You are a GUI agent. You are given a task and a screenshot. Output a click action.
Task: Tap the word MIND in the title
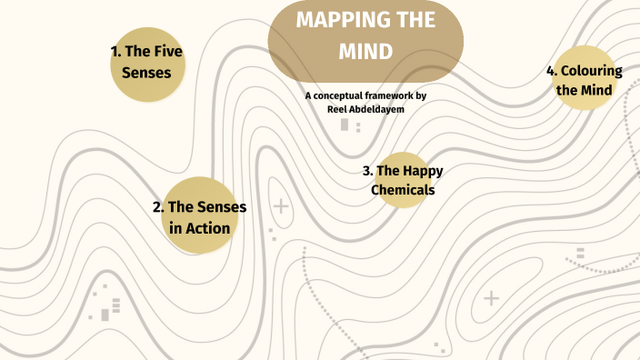[365, 52]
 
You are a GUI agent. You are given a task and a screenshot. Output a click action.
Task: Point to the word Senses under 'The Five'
[146, 72]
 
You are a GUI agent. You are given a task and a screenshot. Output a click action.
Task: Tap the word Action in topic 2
[209, 228]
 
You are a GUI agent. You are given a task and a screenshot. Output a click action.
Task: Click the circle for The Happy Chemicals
[402, 180]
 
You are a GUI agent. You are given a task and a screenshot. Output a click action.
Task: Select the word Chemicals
[403, 190]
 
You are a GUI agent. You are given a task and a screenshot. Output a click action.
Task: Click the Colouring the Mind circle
[591, 79]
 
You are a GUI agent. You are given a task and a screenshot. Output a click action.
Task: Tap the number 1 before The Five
[115, 51]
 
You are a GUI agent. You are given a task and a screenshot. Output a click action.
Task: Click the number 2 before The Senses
[158, 207]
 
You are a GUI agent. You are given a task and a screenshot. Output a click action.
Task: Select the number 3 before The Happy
[366, 170]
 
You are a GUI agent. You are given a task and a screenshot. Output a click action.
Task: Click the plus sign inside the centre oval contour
[282, 206]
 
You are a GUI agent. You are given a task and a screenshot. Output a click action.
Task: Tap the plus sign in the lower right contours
[492, 297]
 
